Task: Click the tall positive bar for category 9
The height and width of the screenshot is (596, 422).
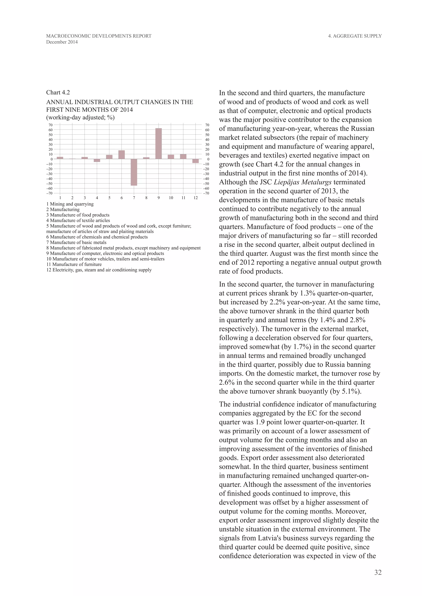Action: click(x=158, y=144)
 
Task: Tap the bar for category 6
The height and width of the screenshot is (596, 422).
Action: click(x=122, y=155)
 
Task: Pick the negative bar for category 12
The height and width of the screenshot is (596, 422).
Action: click(x=195, y=161)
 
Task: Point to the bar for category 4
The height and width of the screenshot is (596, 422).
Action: click(x=97, y=160)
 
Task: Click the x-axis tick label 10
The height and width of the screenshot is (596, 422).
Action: click(x=171, y=198)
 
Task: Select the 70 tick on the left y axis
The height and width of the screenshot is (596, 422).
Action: click(x=50, y=125)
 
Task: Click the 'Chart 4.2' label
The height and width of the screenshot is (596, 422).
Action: click(x=58, y=93)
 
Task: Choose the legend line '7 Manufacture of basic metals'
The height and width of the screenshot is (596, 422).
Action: click(x=76, y=242)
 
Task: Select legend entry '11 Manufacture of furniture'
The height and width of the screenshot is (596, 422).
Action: click(x=74, y=264)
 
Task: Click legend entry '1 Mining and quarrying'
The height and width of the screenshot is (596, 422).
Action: click(x=70, y=204)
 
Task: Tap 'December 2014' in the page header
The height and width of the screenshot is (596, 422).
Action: click(x=62, y=42)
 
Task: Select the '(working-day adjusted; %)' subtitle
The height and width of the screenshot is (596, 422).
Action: click(x=80, y=118)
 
